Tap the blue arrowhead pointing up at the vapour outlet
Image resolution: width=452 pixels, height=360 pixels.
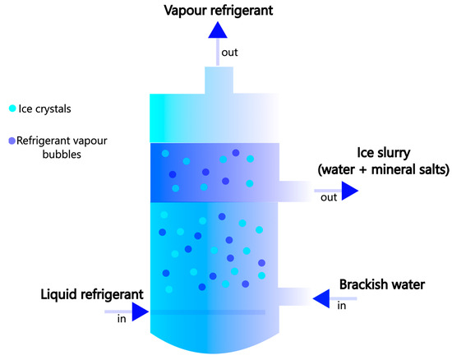[217, 30]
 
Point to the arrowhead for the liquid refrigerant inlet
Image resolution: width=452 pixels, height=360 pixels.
[139, 312]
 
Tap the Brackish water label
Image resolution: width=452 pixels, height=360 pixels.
[381, 285]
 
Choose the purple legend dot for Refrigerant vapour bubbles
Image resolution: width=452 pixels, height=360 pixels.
[12, 141]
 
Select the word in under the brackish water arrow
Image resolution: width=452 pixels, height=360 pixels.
[342, 306]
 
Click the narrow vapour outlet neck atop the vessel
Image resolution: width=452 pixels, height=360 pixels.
[217, 80]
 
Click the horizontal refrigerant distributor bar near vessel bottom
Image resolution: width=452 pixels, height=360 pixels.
[205, 312]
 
